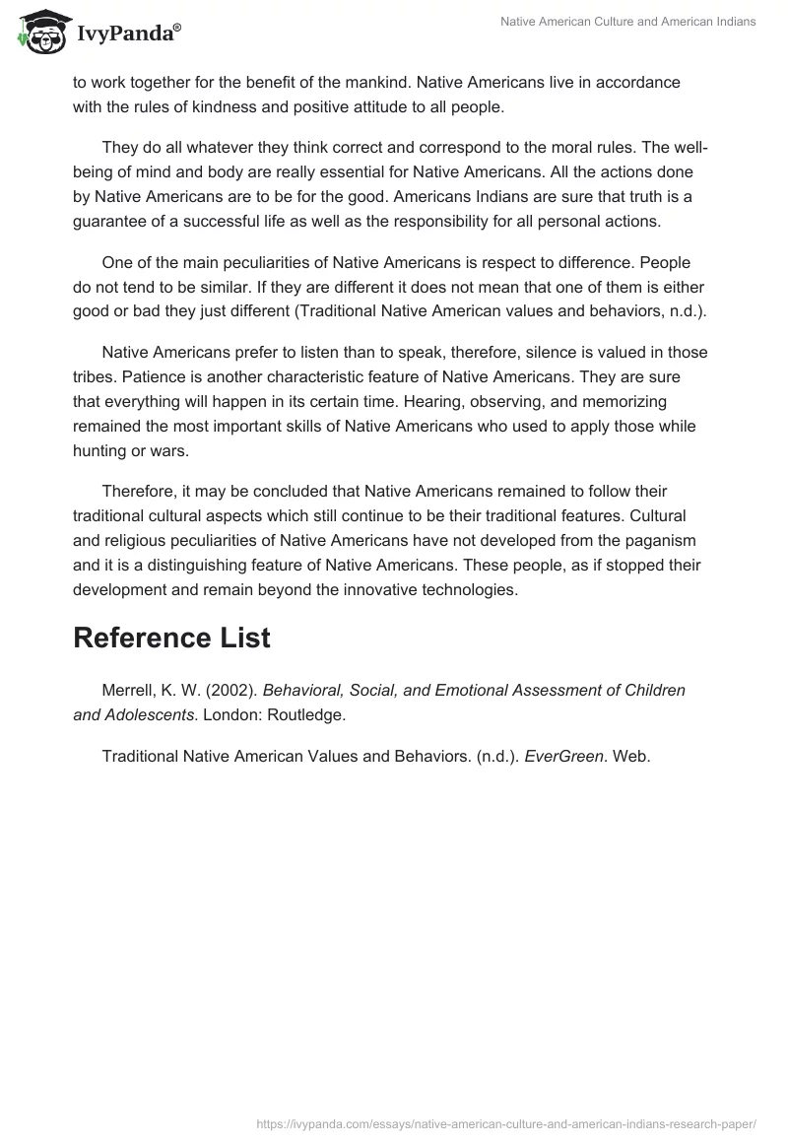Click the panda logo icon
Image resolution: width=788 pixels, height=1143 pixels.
[x=38, y=32]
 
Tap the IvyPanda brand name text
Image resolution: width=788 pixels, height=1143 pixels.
[x=127, y=34]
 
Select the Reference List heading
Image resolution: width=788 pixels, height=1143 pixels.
[x=171, y=638]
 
